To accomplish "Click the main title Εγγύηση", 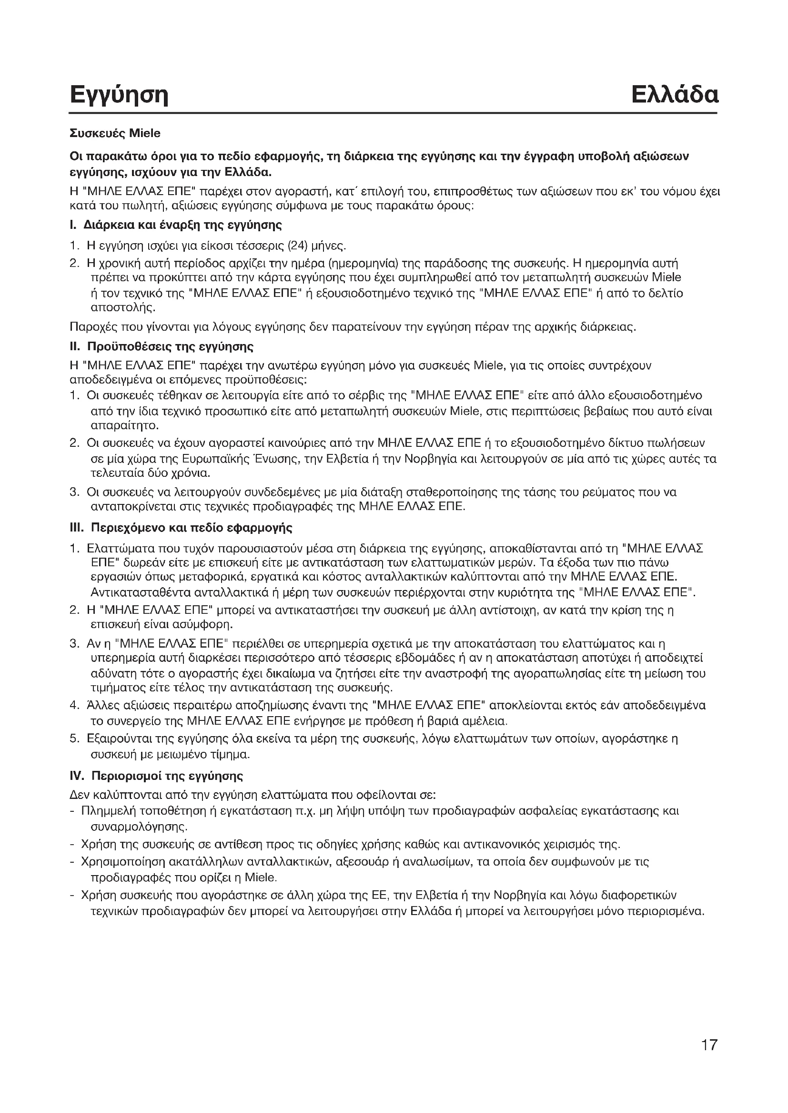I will [x=119, y=96].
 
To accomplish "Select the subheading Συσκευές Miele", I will [x=115, y=133].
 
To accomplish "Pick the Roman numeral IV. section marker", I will [x=78, y=776].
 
